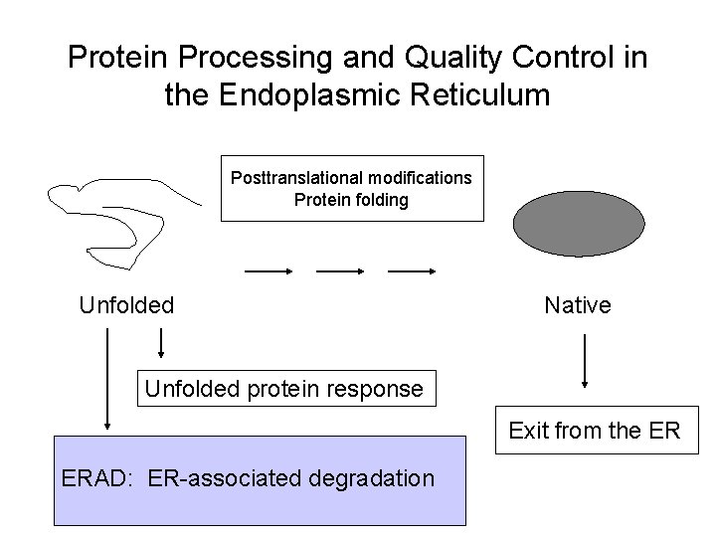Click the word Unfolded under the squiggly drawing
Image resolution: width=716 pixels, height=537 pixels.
point(126,305)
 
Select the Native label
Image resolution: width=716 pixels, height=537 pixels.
point(578,305)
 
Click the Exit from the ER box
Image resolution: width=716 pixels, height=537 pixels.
point(595,431)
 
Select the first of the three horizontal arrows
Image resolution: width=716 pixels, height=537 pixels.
point(268,270)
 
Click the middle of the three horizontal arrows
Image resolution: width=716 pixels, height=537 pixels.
point(339,270)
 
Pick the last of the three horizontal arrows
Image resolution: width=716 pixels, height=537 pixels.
point(412,270)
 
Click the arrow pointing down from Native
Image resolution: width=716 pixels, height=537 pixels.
point(585,360)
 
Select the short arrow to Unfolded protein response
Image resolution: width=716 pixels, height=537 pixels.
point(161,343)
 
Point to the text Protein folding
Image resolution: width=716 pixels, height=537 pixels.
point(351,199)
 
